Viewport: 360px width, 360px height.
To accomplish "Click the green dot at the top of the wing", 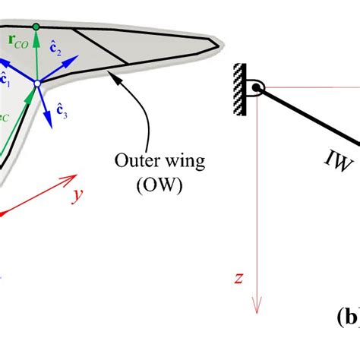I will (x=36, y=27).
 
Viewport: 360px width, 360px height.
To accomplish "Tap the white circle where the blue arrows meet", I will (x=36, y=81).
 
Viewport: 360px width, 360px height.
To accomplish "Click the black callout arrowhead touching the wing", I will (x=112, y=74).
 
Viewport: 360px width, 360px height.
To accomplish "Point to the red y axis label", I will (x=77, y=196).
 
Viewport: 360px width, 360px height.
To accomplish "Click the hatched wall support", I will (x=242, y=90).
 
